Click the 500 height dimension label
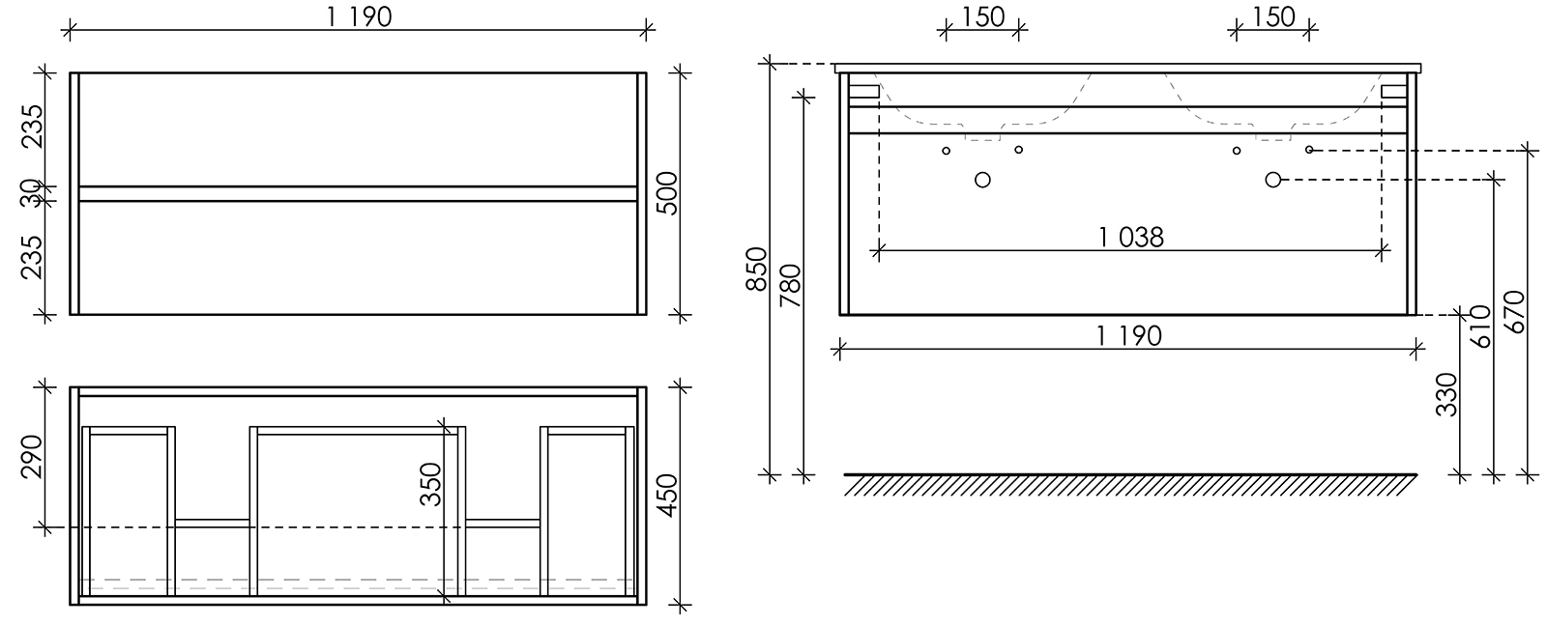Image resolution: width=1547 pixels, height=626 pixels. [668, 193]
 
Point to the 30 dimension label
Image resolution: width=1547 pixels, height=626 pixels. [31, 193]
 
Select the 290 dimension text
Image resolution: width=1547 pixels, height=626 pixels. [32, 457]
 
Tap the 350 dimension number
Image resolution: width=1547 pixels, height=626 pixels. [431, 485]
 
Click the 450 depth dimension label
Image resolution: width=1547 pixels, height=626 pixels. [668, 496]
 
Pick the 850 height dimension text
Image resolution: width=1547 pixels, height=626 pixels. [757, 270]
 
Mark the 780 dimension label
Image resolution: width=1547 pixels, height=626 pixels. [790, 286]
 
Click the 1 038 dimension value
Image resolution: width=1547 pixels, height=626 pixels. [1130, 238]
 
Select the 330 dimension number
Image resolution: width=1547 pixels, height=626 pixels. [1446, 395]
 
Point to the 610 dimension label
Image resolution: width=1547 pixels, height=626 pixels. [1480, 327]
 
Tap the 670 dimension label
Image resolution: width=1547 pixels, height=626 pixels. [1514, 312]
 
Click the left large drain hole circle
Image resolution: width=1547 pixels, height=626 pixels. [982, 180]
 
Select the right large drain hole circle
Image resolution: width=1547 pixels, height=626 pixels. [1272, 180]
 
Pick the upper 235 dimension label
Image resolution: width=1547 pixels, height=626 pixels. [32, 127]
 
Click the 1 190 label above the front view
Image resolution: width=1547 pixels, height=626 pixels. [359, 17]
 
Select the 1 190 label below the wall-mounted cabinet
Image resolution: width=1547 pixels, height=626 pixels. [1129, 336]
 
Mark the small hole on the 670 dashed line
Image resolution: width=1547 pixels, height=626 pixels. [1309, 150]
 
